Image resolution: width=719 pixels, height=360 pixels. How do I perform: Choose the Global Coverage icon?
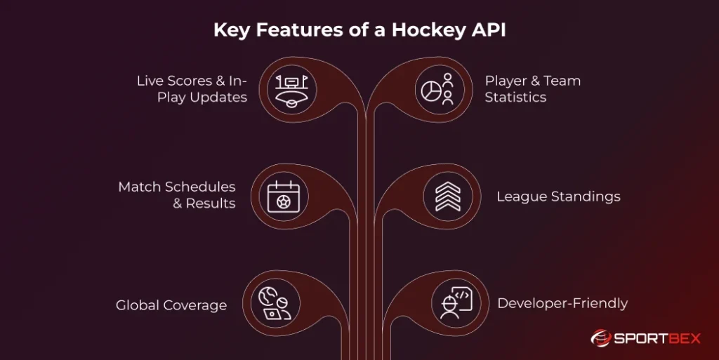point(275,305)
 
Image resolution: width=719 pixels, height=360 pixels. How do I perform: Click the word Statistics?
point(515,98)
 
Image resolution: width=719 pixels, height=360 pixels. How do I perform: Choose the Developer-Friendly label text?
point(562,304)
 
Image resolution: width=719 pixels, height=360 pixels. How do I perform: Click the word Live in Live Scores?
point(150,81)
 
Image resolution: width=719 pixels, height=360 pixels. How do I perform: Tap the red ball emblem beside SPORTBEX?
point(601,338)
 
